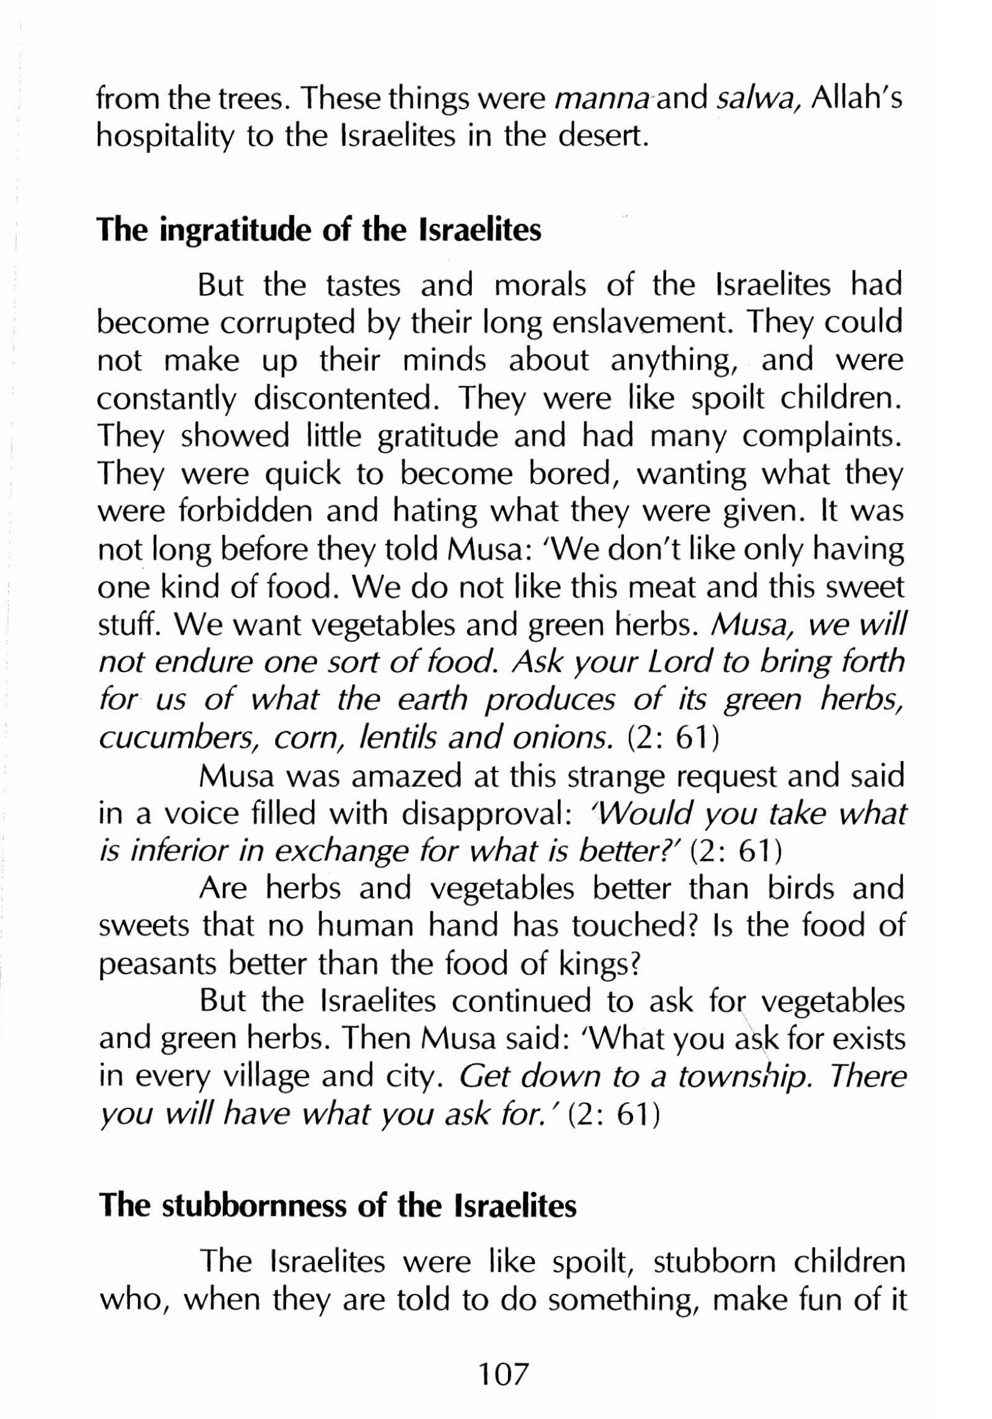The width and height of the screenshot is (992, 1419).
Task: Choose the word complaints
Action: [x=823, y=438]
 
